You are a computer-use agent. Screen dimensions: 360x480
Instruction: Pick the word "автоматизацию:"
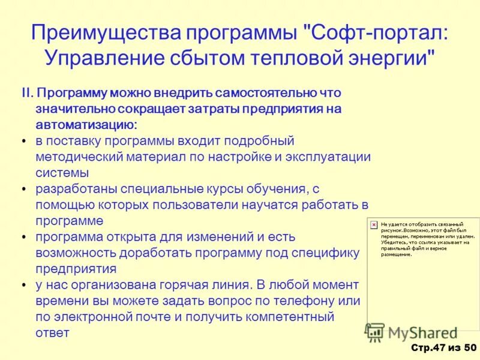[x=86, y=125]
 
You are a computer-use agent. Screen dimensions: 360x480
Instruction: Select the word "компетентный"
[x=288, y=316]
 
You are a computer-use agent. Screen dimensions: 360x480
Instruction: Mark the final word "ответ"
[x=53, y=332]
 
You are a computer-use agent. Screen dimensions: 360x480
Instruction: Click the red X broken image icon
[x=374, y=224]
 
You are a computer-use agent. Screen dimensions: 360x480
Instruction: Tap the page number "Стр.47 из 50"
[x=443, y=348]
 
